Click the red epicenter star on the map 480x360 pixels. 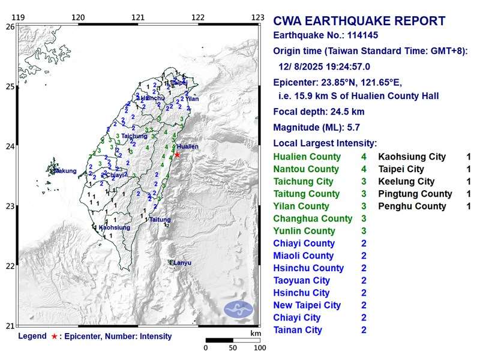pyautogui.click(x=177, y=154)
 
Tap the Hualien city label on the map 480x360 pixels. pyautogui.click(x=188, y=146)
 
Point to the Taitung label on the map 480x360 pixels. pyautogui.click(x=160, y=220)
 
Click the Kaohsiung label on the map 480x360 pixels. pyautogui.click(x=114, y=227)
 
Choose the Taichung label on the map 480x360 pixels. pyautogui.click(x=134, y=136)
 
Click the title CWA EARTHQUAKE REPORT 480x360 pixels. pyautogui.click(x=359, y=22)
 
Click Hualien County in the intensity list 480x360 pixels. pyautogui.click(x=307, y=157)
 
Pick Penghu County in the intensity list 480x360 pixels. pyautogui.click(x=412, y=206)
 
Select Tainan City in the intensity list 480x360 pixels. pyautogui.click(x=298, y=330)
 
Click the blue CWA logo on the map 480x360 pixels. pyautogui.click(x=239, y=310)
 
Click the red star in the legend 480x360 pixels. pyautogui.click(x=55, y=337)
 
